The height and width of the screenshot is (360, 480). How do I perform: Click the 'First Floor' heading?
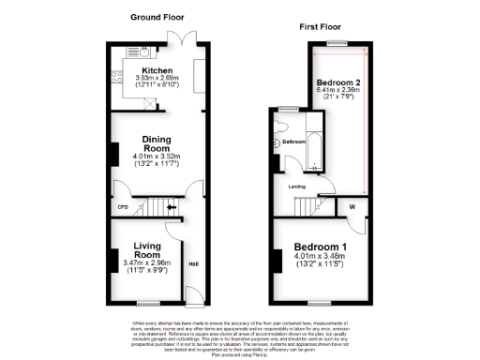(x=318, y=28)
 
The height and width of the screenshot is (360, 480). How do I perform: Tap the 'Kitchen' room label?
(x=157, y=70)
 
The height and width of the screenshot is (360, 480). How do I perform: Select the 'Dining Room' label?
(x=156, y=141)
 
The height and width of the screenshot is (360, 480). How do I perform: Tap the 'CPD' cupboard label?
(x=122, y=207)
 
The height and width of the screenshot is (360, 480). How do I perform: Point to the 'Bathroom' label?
(x=295, y=142)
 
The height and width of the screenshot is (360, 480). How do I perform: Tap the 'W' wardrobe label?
(x=352, y=207)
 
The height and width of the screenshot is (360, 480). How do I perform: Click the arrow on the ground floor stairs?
(x=172, y=207)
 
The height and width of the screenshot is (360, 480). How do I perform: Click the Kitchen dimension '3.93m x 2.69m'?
(x=156, y=79)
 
